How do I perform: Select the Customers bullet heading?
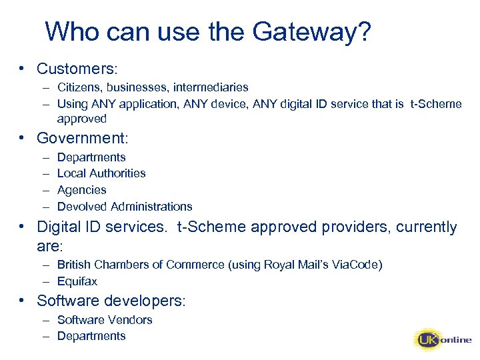pos(77,68)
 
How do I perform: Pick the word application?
pos(146,103)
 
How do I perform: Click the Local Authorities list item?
pos(101,173)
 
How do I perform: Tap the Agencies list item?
pos(81,190)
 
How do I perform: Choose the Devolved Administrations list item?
pos(125,207)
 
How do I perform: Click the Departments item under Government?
pos(91,157)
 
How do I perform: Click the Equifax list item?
pos(77,281)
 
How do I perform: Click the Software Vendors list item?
pos(105,320)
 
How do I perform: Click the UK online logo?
pos(443,340)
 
